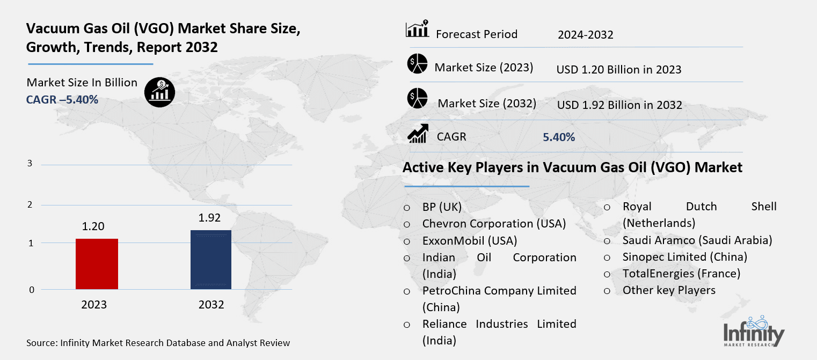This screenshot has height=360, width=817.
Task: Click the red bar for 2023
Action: click(x=97, y=264)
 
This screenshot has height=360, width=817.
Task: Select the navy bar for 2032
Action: click(x=211, y=260)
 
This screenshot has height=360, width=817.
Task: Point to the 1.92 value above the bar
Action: click(x=210, y=218)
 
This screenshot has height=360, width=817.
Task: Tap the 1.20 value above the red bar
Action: click(x=93, y=226)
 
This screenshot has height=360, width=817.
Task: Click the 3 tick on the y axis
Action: click(x=30, y=164)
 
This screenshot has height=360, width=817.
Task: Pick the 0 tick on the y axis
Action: click(x=31, y=290)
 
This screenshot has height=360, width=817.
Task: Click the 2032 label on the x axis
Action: click(x=211, y=305)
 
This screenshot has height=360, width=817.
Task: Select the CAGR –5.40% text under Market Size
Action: click(x=62, y=99)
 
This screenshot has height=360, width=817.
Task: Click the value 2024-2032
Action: click(x=585, y=35)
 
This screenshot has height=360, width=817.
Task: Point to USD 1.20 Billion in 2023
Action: click(x=619, y=70)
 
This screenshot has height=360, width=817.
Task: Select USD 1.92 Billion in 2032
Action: click(x=619, y=105)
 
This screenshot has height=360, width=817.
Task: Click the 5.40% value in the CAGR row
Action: click(x=559, y=137)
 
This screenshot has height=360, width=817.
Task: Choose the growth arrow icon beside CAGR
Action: click(x=418, y=134)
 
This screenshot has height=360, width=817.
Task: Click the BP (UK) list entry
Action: click(x=442, y=207)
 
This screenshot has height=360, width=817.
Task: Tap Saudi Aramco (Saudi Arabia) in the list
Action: click(x=697, y=240)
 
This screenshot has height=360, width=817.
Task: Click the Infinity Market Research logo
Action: click(x=753, y=330)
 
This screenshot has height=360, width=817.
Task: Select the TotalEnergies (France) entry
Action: click(x=681, y=274)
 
